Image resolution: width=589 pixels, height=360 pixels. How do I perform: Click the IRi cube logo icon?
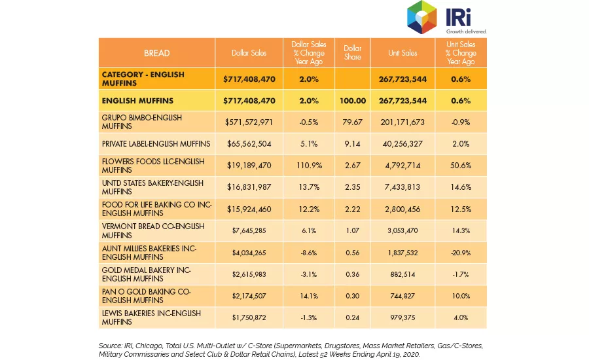point(421,17)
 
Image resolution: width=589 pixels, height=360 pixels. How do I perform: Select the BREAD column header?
point(156,53)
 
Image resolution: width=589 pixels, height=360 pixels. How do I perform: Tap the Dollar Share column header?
point(352,52)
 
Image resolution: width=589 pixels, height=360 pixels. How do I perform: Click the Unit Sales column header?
point(402,53)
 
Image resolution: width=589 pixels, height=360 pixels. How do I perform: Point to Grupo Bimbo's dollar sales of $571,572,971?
point(249,122)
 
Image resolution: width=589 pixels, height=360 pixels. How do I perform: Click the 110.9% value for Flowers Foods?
point(309,166)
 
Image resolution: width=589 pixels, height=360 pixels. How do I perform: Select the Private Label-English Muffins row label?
point(156,144)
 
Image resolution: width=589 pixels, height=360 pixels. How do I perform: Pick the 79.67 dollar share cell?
point(352,122)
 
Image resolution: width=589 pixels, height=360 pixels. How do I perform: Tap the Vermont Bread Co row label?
point(153,231)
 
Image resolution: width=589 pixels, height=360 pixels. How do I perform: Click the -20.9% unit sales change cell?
point(461,253)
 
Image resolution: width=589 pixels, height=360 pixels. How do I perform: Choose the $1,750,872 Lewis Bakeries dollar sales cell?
point(249,317)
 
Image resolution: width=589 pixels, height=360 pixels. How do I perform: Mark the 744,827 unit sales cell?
point(402,296)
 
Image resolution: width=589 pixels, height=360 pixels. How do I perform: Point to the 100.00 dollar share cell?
point(352,101)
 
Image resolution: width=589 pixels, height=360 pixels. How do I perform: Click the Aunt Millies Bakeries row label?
point(149,253)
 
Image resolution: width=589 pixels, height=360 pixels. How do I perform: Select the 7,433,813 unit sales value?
point(402,187)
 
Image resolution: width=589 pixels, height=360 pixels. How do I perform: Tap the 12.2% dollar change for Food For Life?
point(309,209)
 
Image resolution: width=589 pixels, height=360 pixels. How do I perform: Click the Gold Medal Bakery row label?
point(146,274)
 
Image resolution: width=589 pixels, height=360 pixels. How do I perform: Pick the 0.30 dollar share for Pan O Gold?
point(352,296)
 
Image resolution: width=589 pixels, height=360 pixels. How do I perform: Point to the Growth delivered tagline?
point(466,31)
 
